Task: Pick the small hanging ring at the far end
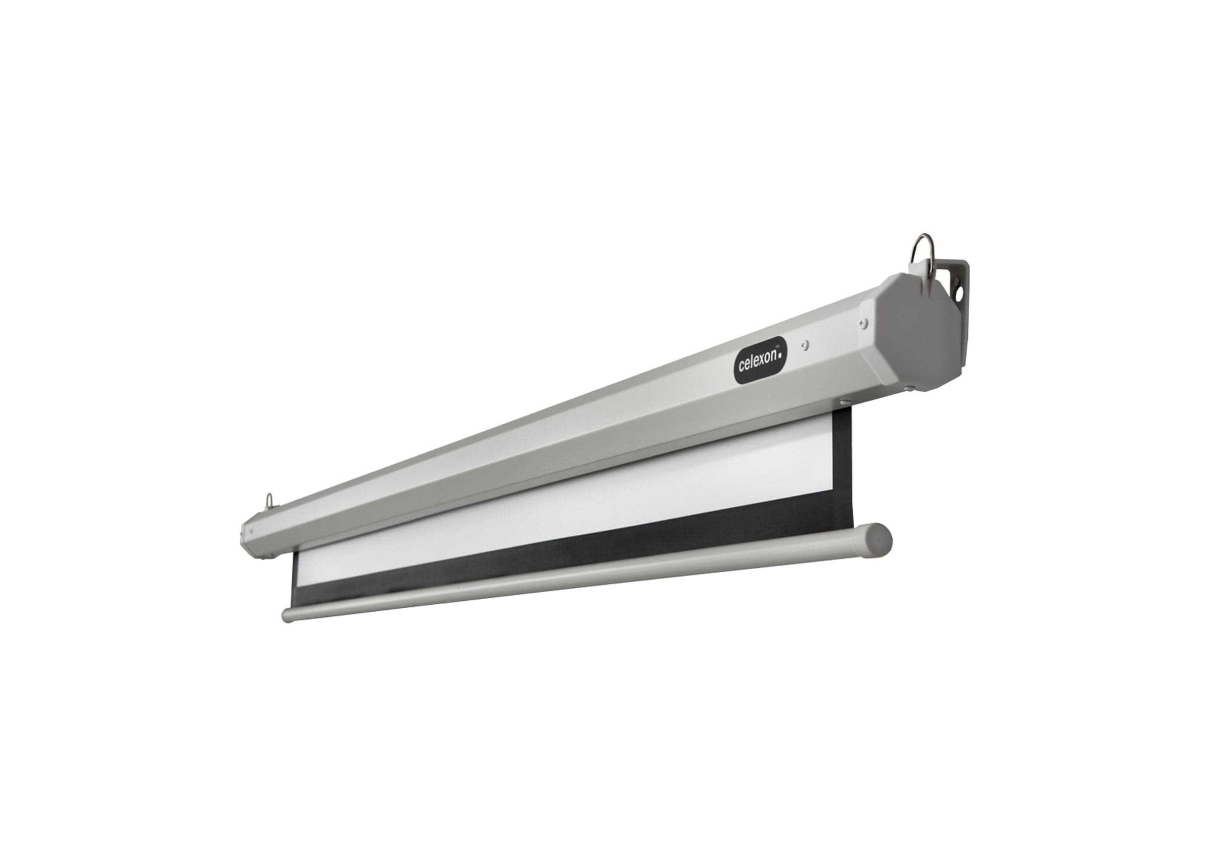[x=270, y=500]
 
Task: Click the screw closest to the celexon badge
[x=804, y=345]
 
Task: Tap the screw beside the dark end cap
[x=862, y=324]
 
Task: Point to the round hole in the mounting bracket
[x=959, y=291]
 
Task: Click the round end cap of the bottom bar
[x=879, y=538]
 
